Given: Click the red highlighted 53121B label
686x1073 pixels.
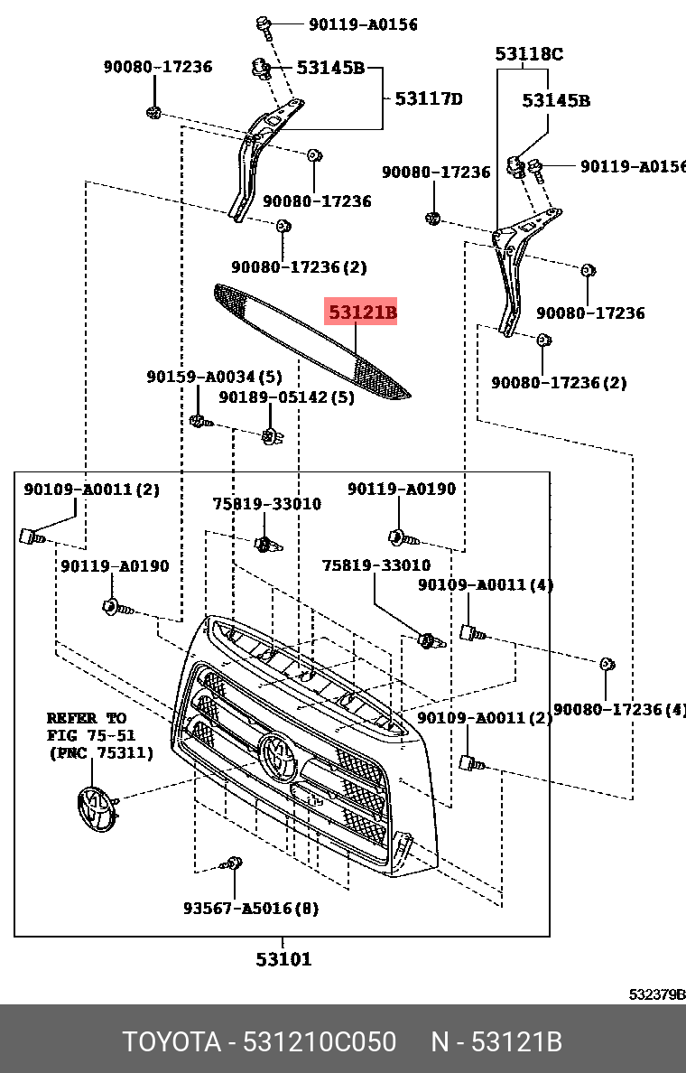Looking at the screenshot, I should (x=361, y=313).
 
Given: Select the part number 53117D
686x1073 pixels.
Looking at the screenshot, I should (x=428, y=98).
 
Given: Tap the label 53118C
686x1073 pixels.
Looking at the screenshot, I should (x=528, y=54).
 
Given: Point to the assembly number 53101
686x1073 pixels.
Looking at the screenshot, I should (x=283, y=959).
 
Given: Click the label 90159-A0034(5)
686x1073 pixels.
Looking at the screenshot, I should (x=214, y=377).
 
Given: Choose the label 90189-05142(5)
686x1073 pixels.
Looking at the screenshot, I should (x=286, y=397).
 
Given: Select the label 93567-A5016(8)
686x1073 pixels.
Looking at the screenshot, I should (x=250, y=908).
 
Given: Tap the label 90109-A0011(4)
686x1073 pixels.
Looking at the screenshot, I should (x=486, y=585).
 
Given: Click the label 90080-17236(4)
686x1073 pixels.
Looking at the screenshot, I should (x=619, y=710).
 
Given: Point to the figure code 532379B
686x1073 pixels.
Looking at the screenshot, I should (x=656, y=994).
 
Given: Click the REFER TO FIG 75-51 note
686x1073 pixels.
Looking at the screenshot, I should (x=100, y=735).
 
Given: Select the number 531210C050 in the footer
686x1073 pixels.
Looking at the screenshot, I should (x=320, y=1042).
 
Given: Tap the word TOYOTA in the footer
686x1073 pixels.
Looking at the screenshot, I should (x=171, y=1042).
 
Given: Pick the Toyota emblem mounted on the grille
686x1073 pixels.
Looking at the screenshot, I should (x=276, y=754).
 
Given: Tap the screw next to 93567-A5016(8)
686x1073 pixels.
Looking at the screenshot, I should (x=233, y=864).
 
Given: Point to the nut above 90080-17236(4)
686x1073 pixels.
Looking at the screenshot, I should (x=607, y=665).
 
